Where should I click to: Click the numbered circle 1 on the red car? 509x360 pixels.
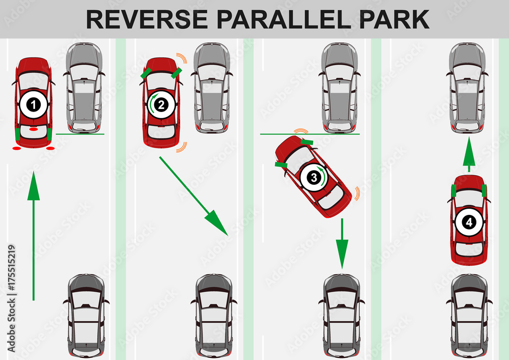tap(34, 104)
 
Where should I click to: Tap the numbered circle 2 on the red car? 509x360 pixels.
tap(161, 104)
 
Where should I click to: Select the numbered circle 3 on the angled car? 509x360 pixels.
tap(314, 178)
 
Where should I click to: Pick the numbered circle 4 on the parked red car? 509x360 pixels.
tap(469, 223)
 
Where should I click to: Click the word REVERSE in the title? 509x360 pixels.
tap(147, 19)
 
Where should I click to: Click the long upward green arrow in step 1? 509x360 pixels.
tap(34, 236)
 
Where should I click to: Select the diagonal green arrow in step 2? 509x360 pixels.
tap(193, 196)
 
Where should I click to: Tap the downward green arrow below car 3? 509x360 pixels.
tap(342, 243)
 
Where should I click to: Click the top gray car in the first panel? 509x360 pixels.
tap(84, 88)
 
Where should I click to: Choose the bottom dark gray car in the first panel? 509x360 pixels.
tap(86, 316)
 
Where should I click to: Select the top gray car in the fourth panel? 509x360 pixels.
tap(467, 88)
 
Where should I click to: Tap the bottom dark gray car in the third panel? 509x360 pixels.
tap(342, 316)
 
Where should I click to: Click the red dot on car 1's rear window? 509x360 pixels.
tap(34, 129)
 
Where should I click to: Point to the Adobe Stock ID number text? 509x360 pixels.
tap(11, 268)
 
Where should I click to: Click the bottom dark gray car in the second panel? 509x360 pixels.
tap(214, 316)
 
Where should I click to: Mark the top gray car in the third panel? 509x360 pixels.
tap(340, 88)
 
